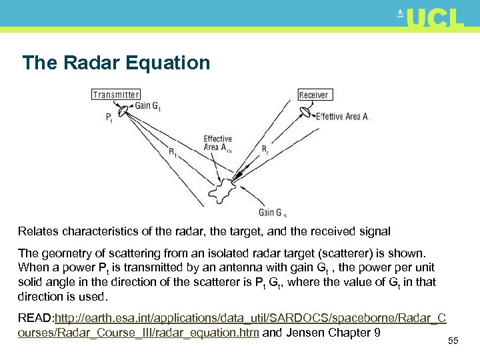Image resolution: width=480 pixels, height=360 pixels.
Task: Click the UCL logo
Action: tap(432, 18)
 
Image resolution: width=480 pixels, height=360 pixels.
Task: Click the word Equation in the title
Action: tap(167, 63)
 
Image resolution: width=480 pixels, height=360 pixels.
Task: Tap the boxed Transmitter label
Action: tap(116, 95)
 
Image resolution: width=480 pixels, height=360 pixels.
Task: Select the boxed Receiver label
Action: tap(313, 95)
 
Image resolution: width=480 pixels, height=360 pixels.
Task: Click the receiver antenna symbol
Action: tap(307, 111)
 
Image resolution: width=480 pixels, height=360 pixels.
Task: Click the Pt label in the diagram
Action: tap(109, 118)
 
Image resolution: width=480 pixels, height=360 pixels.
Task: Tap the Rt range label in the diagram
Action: tap(173, 152)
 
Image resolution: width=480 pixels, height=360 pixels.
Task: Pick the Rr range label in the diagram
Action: tap(265, 149)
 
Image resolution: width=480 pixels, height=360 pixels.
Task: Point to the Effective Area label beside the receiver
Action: tap(343, 117)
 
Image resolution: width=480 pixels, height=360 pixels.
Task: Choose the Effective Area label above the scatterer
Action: tap(217, 143)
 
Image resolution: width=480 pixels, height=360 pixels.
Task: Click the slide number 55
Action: tap(453, 341)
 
